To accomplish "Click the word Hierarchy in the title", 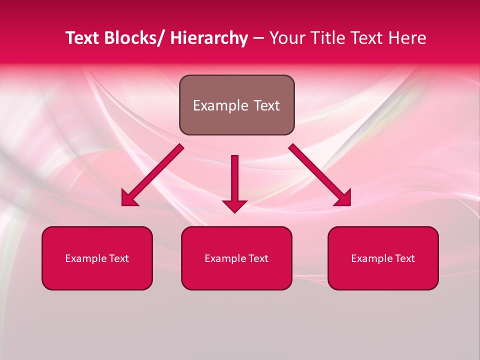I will point(208,38).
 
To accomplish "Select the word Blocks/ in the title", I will point(131,38).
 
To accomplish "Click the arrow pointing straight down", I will point(234,180).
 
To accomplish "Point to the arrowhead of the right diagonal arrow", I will point(343,199).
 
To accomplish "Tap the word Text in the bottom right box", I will point(404,258).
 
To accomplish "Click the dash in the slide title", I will point(258,39).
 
